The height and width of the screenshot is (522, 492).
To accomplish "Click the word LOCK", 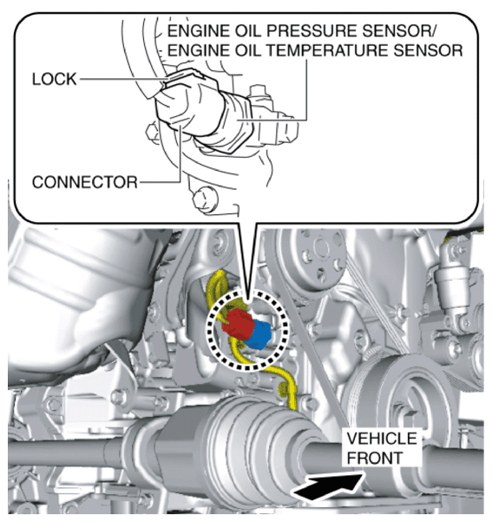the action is [55, 79].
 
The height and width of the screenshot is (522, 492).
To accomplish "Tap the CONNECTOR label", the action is [85, 182].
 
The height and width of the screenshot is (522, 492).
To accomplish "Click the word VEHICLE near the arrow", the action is [382, 438].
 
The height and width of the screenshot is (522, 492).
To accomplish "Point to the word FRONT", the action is [375, 458].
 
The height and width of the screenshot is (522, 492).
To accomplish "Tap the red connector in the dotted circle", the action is [237, 322].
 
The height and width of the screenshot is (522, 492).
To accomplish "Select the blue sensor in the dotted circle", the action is [257, 334].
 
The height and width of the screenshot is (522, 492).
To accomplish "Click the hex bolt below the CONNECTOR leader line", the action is [205, 199].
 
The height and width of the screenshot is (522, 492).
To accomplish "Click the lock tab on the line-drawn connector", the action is [185, 76].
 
